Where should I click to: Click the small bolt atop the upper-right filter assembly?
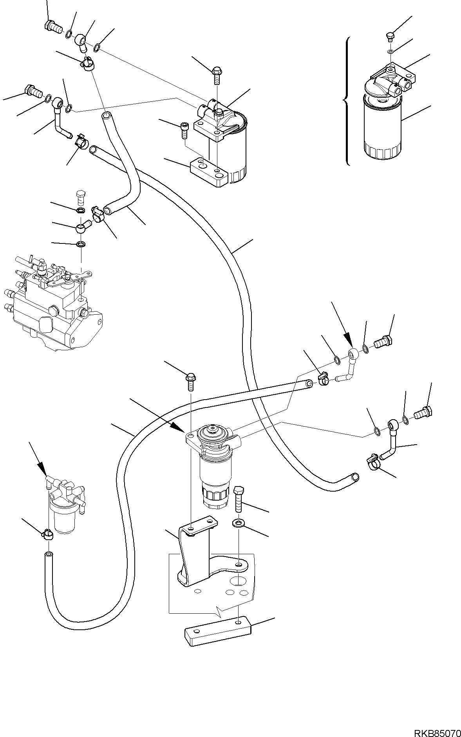pos(389,36)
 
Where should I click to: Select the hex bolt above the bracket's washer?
pos(239,499)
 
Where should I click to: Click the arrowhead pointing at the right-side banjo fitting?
pos(347,338)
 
